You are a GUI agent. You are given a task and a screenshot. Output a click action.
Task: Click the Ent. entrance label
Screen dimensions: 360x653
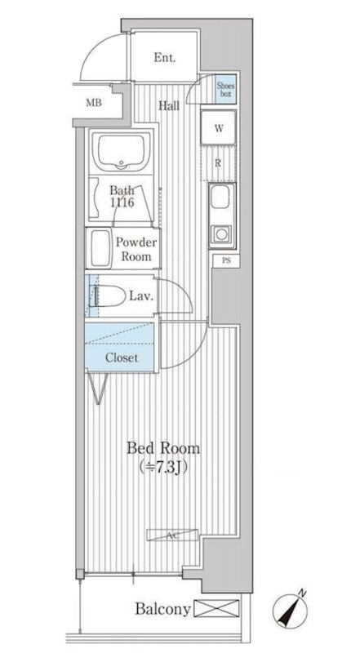point(165,57)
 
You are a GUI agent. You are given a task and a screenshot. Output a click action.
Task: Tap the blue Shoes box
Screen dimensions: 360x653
point(225,89)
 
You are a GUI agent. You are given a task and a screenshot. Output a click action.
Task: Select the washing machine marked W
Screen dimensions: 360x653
point(218,127)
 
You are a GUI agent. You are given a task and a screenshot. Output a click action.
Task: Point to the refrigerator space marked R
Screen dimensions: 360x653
point(218,163)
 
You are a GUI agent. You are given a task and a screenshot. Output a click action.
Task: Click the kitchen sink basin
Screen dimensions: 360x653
point(220,197)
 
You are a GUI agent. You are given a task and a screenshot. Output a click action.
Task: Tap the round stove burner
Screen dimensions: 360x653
point(221,234)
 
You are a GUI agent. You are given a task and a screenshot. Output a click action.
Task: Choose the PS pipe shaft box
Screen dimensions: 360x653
point(226,261)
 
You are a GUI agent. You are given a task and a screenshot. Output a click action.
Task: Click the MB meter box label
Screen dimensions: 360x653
point(94,103)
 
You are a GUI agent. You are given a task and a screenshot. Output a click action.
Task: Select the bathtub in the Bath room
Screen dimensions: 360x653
point(122,152)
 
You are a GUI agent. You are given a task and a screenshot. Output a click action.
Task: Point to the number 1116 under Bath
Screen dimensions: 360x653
point(122,203)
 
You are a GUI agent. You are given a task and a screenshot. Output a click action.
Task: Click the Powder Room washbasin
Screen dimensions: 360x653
point(99,248)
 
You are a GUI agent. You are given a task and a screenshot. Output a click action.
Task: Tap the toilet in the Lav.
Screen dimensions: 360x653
point(107,296)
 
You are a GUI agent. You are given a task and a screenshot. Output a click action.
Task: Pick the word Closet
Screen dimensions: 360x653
point(122,358)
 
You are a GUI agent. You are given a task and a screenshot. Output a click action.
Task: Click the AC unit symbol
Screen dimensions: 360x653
point(172,535)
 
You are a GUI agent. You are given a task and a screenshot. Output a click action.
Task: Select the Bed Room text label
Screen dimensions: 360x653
point(163,449)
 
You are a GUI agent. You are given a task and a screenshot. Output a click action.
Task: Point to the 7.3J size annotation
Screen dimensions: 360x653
point(163,467)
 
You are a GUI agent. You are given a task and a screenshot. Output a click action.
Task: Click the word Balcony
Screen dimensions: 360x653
point(162,609)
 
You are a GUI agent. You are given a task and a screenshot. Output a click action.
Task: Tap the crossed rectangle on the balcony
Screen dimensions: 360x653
point(216,608)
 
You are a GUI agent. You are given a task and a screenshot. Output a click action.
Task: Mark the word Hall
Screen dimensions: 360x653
point(169,106)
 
